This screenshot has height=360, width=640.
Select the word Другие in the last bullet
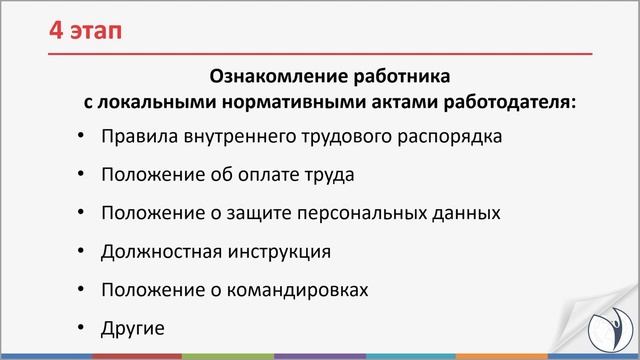tap(131, 327)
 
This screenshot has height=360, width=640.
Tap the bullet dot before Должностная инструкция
tap(80, 251)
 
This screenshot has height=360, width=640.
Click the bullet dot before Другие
tap(80, 327)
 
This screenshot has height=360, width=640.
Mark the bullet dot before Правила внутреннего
tap(80, 136)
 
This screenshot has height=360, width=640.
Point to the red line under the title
tap(320, 51)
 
